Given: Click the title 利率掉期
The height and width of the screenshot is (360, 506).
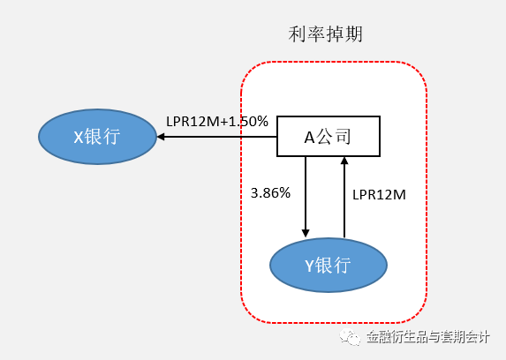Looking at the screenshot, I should click(326, 34).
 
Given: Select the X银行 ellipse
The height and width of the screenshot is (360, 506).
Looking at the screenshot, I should click(96, 137).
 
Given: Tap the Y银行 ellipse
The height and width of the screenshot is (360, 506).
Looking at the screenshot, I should click(328, 265).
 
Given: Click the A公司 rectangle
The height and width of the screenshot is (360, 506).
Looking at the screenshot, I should click(329, 137).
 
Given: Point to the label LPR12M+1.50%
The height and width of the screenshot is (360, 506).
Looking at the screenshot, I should click(217, 122).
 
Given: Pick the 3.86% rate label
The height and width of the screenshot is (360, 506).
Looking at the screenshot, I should click(270, 192).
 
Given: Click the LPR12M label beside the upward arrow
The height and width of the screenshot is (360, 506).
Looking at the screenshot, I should click(378, 194).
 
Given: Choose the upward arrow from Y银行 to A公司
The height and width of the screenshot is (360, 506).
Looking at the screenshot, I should click(344, 199).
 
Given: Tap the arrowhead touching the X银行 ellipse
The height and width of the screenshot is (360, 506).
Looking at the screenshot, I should click(161, 137).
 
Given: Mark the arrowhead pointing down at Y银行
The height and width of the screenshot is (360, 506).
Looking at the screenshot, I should click(306, 232).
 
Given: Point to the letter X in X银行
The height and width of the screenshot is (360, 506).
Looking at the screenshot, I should click(78, 137).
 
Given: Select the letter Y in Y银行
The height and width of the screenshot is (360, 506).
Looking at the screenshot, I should click(309, 265).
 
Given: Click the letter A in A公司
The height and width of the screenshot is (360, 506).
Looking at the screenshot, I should click(310, 137).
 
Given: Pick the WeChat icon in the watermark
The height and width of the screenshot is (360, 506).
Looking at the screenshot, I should click(352, 336).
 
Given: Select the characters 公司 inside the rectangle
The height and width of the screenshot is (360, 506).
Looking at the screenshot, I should click(336, 137).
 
